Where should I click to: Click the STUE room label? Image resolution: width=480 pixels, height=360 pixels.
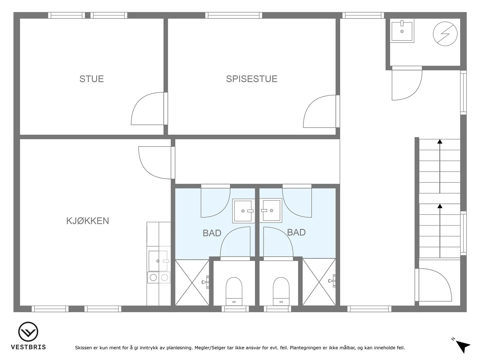91,79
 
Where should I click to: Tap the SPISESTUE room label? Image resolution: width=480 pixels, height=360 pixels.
252,79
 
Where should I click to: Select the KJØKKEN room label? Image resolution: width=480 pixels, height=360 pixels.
88,221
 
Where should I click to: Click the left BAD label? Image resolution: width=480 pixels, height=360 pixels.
212,233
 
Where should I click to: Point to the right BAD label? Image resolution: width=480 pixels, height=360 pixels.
296,232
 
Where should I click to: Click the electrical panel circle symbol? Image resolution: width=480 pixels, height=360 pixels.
445,34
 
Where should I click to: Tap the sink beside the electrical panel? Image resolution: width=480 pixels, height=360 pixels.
402,31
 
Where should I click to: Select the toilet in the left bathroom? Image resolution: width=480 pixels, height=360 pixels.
234,291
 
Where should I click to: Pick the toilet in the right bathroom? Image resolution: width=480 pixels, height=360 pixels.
281,291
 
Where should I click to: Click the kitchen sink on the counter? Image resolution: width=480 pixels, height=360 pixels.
158,261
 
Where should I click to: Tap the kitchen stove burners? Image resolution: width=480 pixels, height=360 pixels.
159,277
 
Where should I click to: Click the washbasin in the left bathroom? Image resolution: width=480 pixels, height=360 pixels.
243,211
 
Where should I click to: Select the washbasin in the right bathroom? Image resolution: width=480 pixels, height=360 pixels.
271,211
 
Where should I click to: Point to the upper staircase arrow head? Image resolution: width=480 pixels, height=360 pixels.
440,142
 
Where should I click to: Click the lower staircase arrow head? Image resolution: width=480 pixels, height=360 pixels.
440,206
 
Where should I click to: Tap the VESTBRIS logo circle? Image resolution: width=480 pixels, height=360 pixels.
28,331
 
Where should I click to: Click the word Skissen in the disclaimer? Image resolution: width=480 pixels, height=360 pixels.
83,347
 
